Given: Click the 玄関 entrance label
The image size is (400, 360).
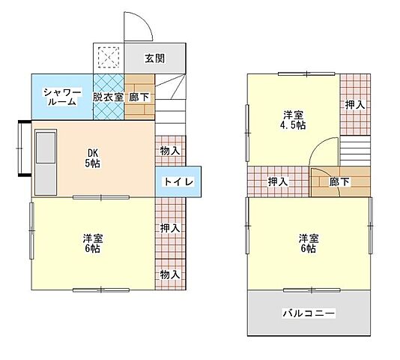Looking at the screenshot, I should pos(154,58).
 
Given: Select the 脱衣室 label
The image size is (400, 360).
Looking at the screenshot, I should pos(108,97).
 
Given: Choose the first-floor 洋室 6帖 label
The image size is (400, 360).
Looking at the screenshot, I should pos(93,244).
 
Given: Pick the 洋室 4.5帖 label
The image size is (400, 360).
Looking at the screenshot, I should pos(293,120).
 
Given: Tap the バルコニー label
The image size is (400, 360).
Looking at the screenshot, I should pos(309,313).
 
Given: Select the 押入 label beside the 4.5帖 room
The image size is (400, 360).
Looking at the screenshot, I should pos(355,105).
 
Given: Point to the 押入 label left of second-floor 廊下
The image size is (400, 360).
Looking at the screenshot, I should pos(278,181).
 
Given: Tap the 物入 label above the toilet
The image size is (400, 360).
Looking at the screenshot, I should pos(170,151).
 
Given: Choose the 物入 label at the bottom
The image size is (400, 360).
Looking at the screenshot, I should pos(170,274).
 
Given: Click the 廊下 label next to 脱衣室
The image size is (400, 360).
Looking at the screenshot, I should pos(139,97).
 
